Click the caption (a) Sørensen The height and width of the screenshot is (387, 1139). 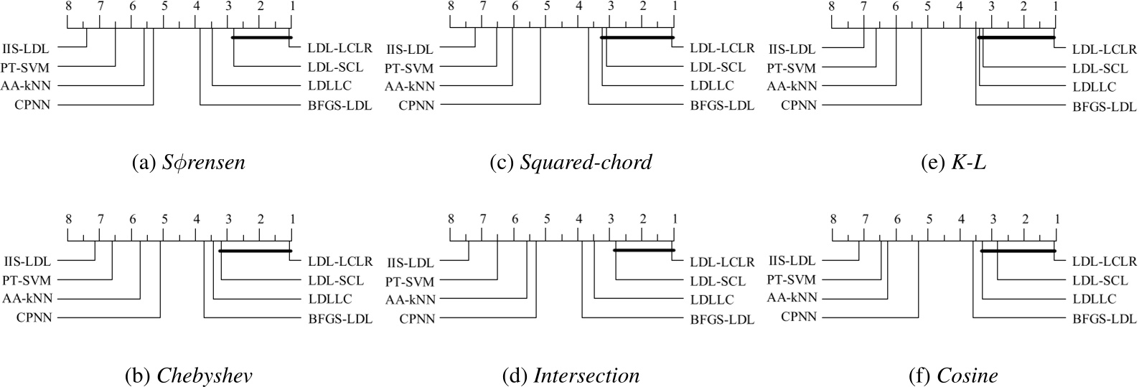(x=189, y=163)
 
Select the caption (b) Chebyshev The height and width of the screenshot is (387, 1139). (x=189, y=376)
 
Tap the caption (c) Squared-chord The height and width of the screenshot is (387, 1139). (x=571, y=163)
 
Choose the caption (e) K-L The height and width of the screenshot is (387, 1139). (x=953, y=163)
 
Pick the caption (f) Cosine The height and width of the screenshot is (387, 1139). (x=953, y=376)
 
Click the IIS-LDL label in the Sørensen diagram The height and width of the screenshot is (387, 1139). (x=26, y=49)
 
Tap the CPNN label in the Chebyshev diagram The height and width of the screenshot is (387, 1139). (x=34, y=317)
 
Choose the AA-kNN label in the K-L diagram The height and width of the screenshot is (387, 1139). (x=792, y=87)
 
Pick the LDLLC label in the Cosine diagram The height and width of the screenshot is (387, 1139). (x=1095, y=299)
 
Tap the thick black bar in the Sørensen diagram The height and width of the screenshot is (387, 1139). (x=261, y=37)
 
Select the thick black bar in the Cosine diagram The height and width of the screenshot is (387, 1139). (x=1017, y=251)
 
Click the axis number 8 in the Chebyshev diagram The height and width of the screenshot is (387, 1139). (x=68, y=219)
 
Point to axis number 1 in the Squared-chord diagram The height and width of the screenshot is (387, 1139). (x=674, y=6)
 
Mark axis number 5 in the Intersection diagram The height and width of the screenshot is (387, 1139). (x=547, y=219)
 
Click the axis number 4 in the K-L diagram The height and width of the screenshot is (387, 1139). (x=960, y=6)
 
